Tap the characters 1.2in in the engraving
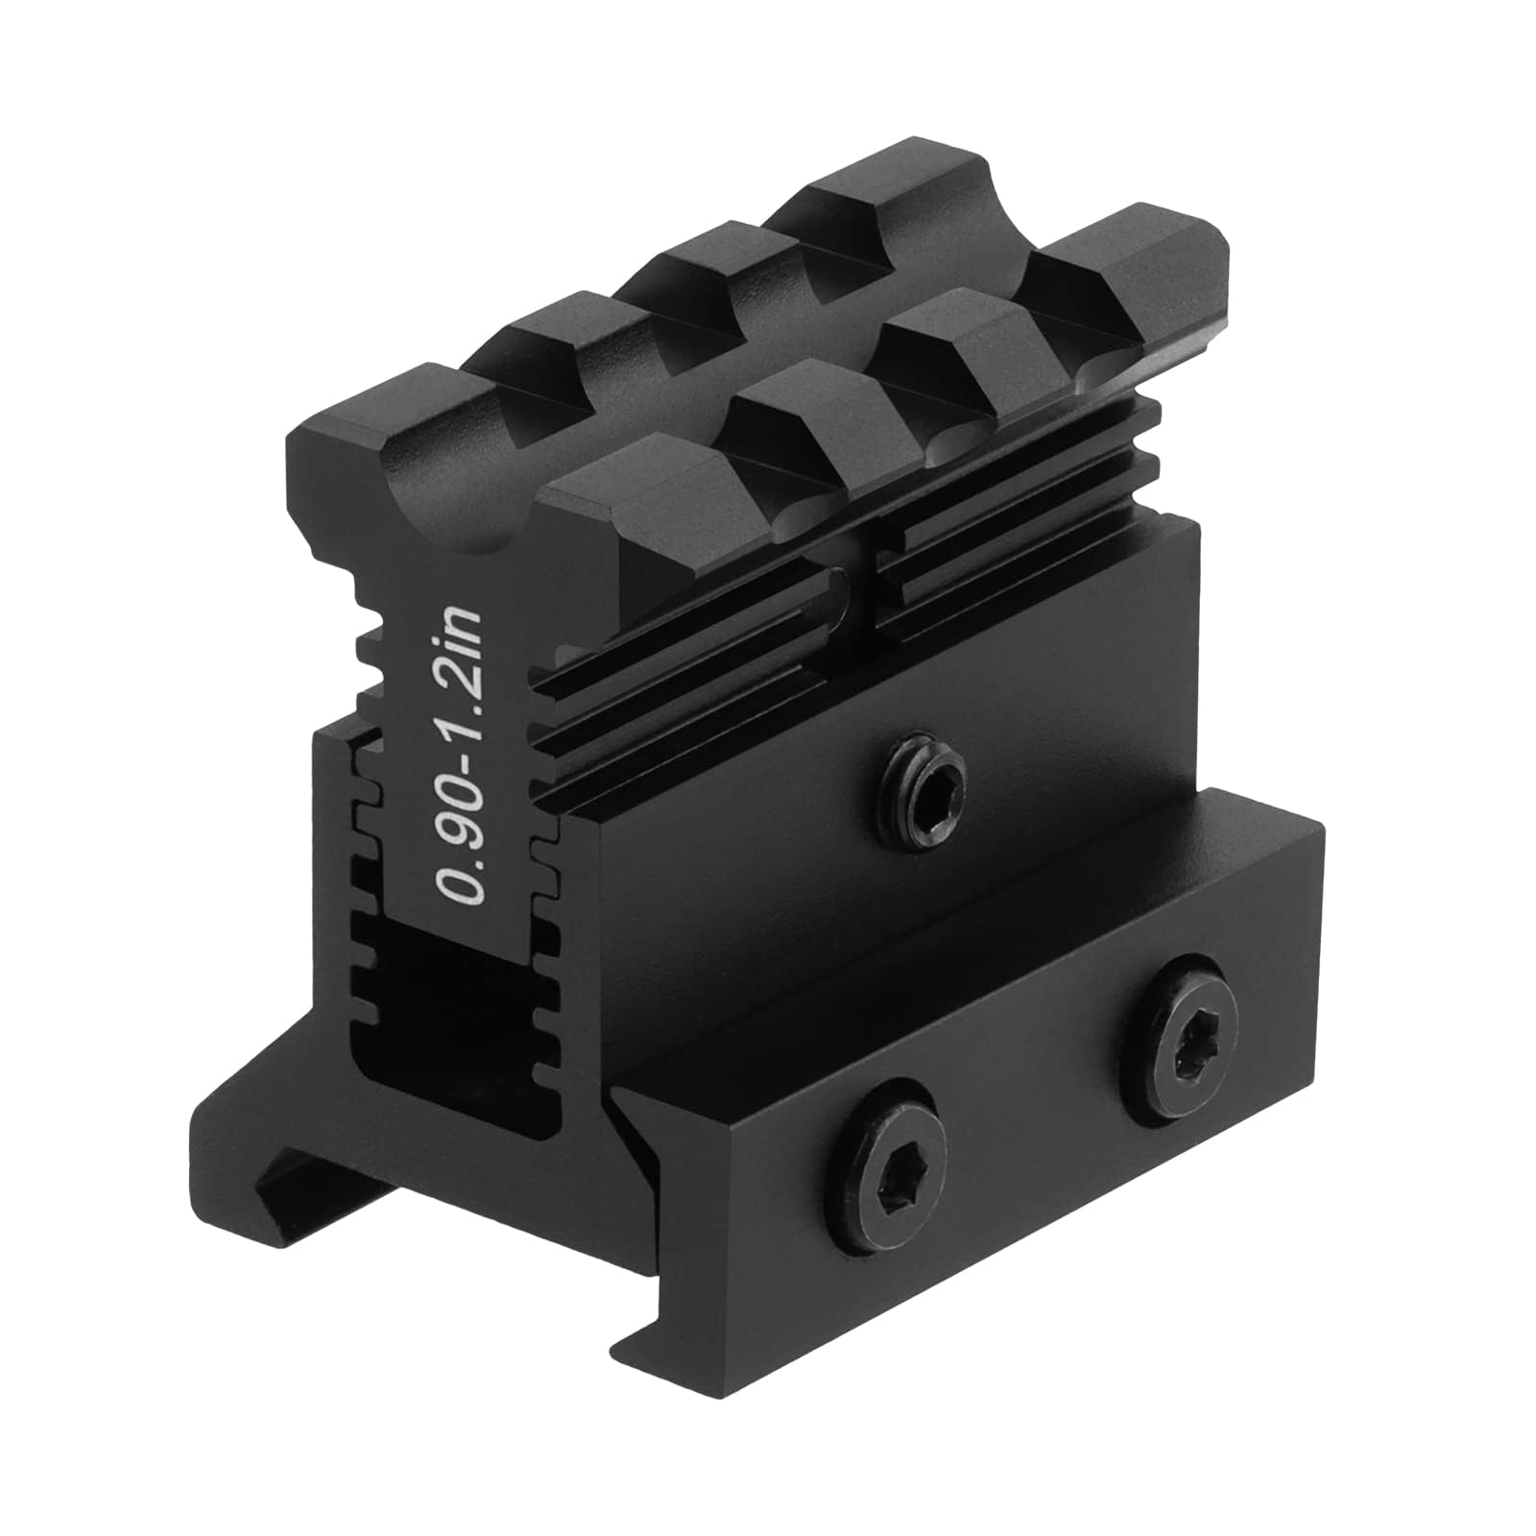click(x=461, y=653)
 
